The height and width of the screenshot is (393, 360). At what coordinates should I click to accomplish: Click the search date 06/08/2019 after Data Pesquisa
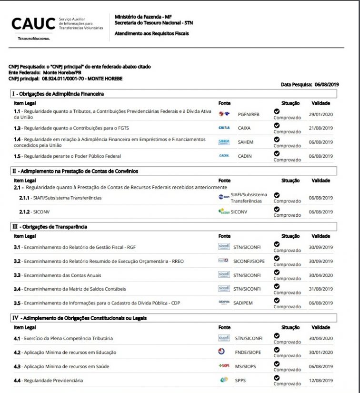point(327,84)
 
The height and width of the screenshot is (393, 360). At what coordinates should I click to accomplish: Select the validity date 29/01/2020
point(320,114)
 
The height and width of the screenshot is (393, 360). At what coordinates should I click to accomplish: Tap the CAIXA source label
point(244,128)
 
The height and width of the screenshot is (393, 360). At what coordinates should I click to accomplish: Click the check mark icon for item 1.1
point(276,111)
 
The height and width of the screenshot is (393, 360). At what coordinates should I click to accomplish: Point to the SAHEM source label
point(246,142)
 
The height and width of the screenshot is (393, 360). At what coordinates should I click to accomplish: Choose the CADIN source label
point(245,156)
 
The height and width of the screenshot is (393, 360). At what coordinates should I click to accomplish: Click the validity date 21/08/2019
point(320,128)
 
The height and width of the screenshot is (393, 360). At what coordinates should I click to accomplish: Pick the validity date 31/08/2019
point(320,289)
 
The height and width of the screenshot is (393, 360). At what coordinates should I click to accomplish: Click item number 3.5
point(17,303)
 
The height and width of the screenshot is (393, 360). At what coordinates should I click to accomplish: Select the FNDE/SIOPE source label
point(248,353)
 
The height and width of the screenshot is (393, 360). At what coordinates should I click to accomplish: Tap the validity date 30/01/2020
point(320,353)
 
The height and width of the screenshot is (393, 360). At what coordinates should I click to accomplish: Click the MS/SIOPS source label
point(245,367)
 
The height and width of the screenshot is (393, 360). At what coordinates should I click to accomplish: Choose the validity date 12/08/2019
point(320,381)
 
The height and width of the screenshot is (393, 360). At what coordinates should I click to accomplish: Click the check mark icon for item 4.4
point(276,378)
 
